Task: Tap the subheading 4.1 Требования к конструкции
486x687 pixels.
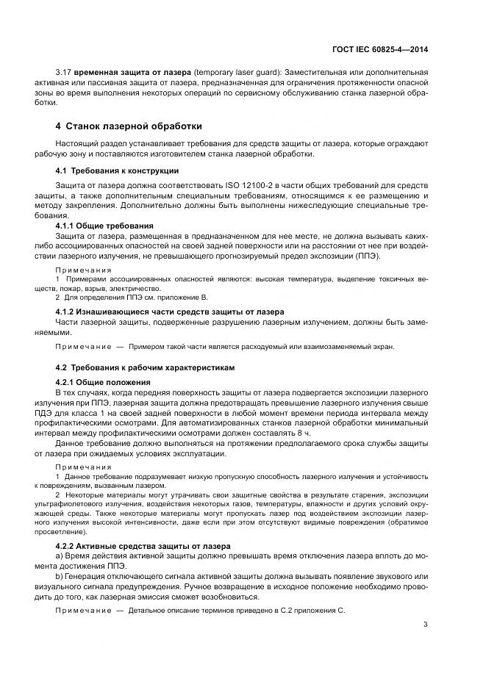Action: [117, 170]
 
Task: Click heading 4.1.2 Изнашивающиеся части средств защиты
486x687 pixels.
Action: [170, 312]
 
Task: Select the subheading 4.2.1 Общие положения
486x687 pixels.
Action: [103, 382]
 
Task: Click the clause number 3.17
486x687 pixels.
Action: [63, 73]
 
